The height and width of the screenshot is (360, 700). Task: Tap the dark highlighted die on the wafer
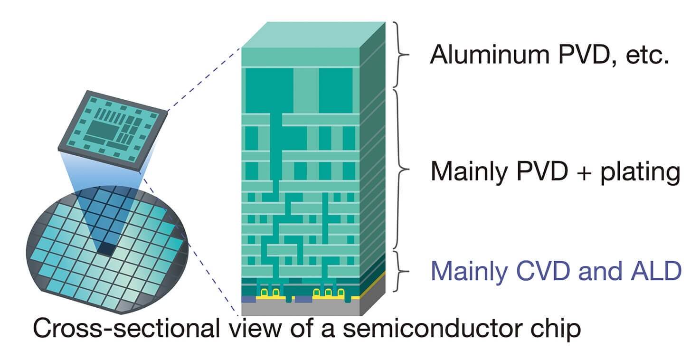coord(108,248)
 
